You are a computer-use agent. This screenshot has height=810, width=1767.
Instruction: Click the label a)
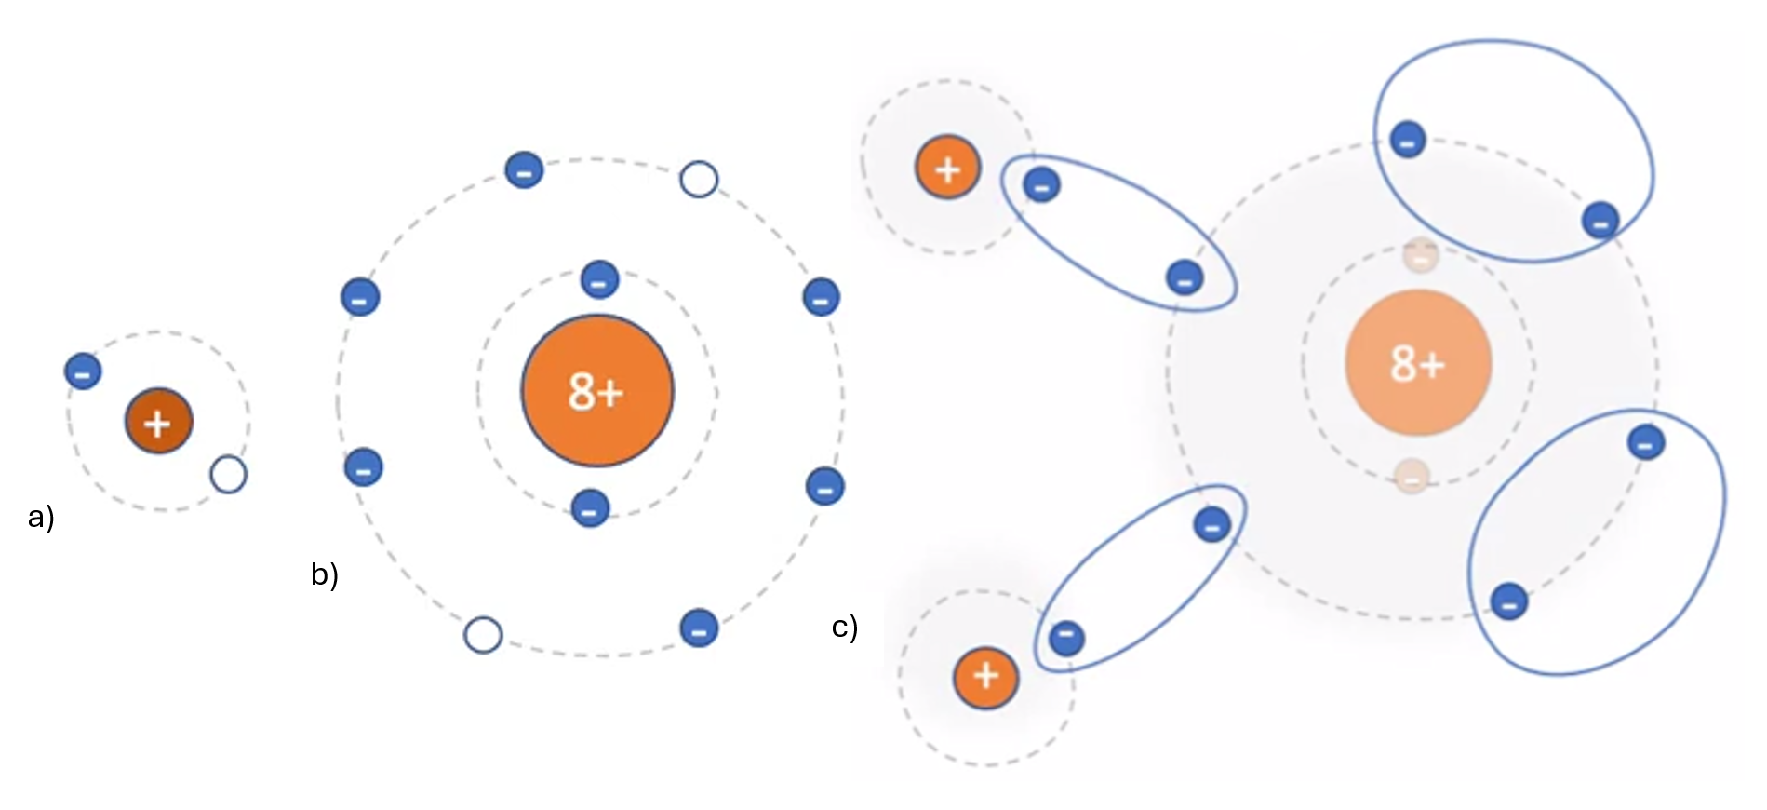pos(41,516)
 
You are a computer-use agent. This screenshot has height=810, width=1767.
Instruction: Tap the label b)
pos(324,574)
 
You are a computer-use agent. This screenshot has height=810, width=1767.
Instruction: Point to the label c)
pos(844,627)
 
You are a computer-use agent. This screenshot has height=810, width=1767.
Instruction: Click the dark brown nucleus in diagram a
pos(158,421)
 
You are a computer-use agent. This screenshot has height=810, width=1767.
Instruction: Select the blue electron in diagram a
pos(83,371)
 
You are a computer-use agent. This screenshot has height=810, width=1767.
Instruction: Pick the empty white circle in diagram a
pos(228,474)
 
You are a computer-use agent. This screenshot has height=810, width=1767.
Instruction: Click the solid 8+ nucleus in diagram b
pos(596,391)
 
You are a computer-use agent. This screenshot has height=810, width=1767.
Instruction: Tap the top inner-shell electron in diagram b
pos(599,279)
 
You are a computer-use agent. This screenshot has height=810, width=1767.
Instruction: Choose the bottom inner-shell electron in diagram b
pos(590,508)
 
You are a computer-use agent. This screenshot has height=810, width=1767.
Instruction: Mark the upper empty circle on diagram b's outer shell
pos(699,179)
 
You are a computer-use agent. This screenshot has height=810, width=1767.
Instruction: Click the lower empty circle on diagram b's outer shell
pos(483,634)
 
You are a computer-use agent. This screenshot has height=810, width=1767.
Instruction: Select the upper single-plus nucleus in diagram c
pos(947,169)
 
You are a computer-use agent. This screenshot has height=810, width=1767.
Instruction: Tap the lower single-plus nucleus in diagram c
pos(985,677)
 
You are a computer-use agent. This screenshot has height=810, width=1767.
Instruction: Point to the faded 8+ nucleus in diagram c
pos(1418,362)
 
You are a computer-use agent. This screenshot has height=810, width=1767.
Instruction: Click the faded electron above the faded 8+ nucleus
pos(1421,255)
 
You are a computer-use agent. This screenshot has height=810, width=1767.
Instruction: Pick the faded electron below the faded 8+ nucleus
pos(1412,477)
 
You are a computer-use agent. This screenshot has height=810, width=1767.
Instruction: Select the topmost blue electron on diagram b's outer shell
pos(524,170)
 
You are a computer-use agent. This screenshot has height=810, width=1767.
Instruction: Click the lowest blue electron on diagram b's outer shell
pos(699,628)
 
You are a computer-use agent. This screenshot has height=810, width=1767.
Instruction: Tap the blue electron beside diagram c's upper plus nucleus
pos(1041,185)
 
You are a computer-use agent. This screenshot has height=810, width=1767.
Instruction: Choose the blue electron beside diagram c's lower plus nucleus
pos(1066,638)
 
